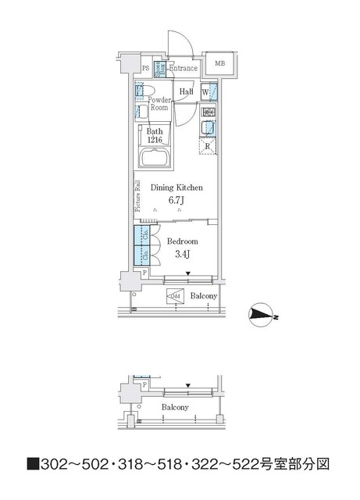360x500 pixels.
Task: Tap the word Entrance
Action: click(184, 69)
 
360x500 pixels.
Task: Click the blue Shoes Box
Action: click(159, 69)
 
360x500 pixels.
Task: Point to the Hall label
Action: click(186, 92)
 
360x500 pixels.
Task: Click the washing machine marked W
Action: click(205, 92)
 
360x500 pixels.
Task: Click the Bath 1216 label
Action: click(155, 136)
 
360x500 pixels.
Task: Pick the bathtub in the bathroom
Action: click(155, 159)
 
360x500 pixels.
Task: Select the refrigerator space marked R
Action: click(208, 146)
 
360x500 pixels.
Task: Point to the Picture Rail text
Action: click(137, 196)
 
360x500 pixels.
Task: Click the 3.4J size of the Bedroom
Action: click(180, 254)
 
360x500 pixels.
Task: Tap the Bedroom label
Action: click(180, 241)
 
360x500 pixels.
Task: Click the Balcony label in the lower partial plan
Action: click(175, 408)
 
